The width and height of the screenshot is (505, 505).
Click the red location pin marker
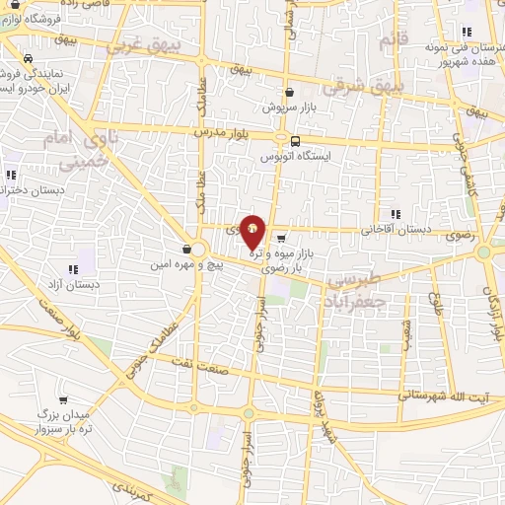[253, 231]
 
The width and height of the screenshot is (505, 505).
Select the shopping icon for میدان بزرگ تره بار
[65, 400]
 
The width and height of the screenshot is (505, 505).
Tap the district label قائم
[393, 39]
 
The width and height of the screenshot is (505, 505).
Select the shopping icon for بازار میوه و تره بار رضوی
[282, 238]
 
